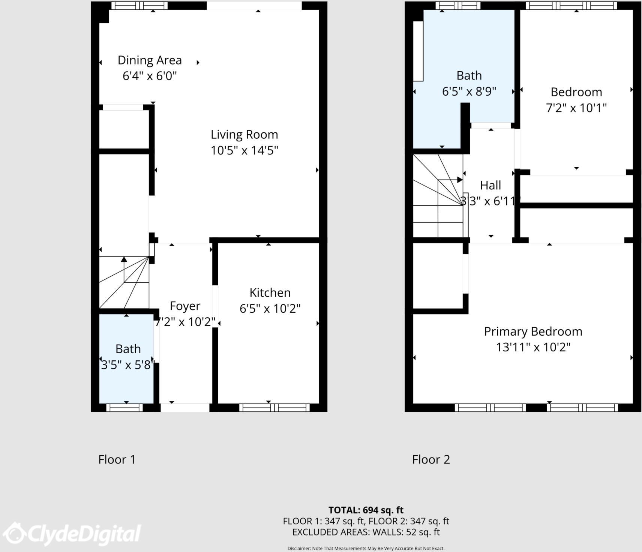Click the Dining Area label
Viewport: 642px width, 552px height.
150,60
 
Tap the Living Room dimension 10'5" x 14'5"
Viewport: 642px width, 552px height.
244,150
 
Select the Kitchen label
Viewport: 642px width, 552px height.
270,292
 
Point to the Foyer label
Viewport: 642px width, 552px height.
185,306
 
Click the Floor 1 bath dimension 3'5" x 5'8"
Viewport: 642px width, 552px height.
127,365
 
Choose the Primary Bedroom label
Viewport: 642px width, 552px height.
533,331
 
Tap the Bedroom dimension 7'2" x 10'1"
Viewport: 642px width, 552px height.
576,108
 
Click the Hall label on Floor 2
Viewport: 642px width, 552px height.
490,185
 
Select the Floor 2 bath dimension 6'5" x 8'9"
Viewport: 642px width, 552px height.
469,91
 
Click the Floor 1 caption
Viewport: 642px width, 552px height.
117,459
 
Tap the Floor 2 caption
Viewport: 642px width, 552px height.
431,459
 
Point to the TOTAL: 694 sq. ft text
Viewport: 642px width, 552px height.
366,510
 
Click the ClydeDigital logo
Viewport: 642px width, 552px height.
73,533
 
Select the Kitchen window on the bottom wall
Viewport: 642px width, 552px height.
274,408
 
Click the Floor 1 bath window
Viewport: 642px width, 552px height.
124,408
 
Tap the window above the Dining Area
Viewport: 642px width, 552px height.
139,6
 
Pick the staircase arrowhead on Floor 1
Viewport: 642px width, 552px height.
124,259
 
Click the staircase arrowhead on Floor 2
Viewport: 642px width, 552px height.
460,180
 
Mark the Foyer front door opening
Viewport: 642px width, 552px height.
185,408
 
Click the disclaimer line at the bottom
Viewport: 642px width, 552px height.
366,548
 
